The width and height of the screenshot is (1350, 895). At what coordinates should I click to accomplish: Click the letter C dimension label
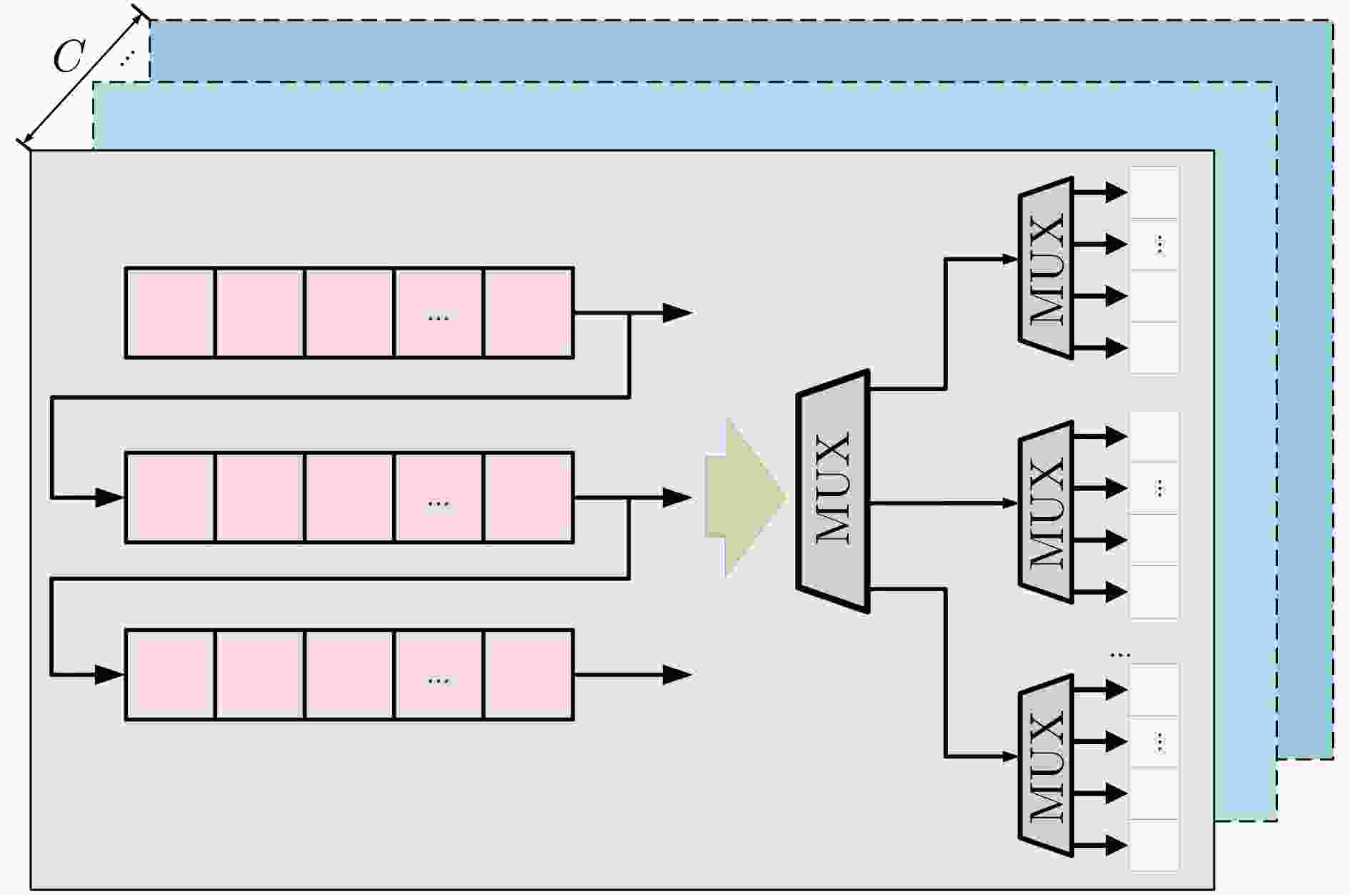(69, 56)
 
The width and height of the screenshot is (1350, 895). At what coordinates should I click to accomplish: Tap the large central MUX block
(833, 491)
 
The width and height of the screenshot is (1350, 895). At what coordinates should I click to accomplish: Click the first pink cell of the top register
(170, 312)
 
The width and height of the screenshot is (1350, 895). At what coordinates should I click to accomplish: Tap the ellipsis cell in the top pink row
(439, 312)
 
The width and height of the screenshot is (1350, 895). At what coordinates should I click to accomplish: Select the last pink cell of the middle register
(529, 497)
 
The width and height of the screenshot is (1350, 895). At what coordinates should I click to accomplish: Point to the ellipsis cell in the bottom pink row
(439, 674)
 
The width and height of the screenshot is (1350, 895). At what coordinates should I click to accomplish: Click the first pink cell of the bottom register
(170, 674)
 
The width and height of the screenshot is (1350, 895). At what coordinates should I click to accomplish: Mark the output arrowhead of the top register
(677, 312)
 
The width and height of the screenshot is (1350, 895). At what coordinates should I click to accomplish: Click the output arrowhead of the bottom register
(677, 674)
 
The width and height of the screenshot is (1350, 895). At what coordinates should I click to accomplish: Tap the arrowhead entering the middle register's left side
(110, 497)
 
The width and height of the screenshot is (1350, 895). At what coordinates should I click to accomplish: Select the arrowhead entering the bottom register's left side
(110, 674)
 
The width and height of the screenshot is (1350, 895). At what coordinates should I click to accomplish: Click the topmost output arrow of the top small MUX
(1100, 192)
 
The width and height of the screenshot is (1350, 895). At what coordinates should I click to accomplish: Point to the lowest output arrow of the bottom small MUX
(1100, 845)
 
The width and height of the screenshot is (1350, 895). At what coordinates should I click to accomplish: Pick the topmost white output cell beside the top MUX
(1154, 192)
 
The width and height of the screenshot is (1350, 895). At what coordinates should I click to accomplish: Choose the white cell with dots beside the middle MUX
(1154, 488)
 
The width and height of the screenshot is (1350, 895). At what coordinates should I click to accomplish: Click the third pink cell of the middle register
(349, 497)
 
